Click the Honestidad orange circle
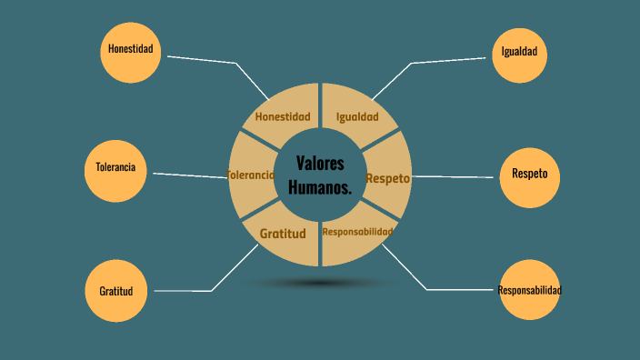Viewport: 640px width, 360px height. tap(130, 50)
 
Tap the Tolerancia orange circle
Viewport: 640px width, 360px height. tap(115, 170)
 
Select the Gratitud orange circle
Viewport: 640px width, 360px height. tap(115, 291)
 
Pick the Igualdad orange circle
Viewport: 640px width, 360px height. tap(519, 52)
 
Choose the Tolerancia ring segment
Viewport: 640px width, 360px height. tap(251, 175)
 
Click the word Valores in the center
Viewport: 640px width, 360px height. tap(320, 164)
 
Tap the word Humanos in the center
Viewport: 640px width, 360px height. tap(319, 187)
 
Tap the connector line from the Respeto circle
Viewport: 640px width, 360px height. tap(455, 176)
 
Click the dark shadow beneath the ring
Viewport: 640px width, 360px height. tap(320, 283)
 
